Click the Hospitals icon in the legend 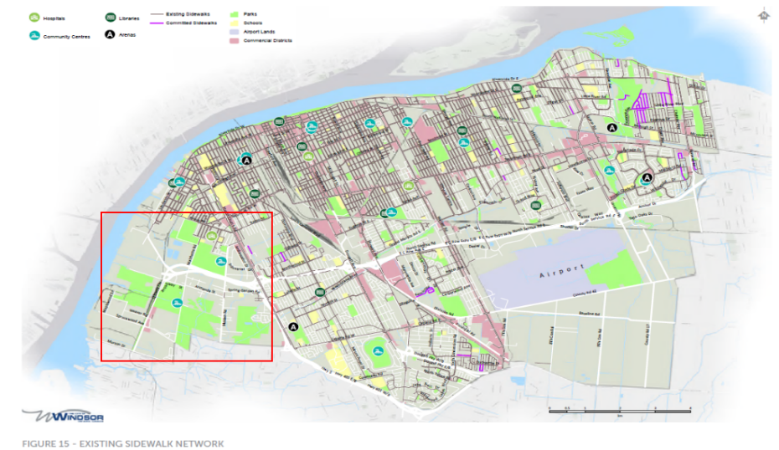coord(34,17)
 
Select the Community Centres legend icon coord(34,35)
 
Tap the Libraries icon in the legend coord(111,17)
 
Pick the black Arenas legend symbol coord(111,35)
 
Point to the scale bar coord(619,411)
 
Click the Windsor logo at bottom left coord(63,416)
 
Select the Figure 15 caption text coord(123,442)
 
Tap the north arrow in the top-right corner coord(763,15)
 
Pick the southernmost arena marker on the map coord(293,327)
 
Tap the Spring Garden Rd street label coord(242,290)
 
